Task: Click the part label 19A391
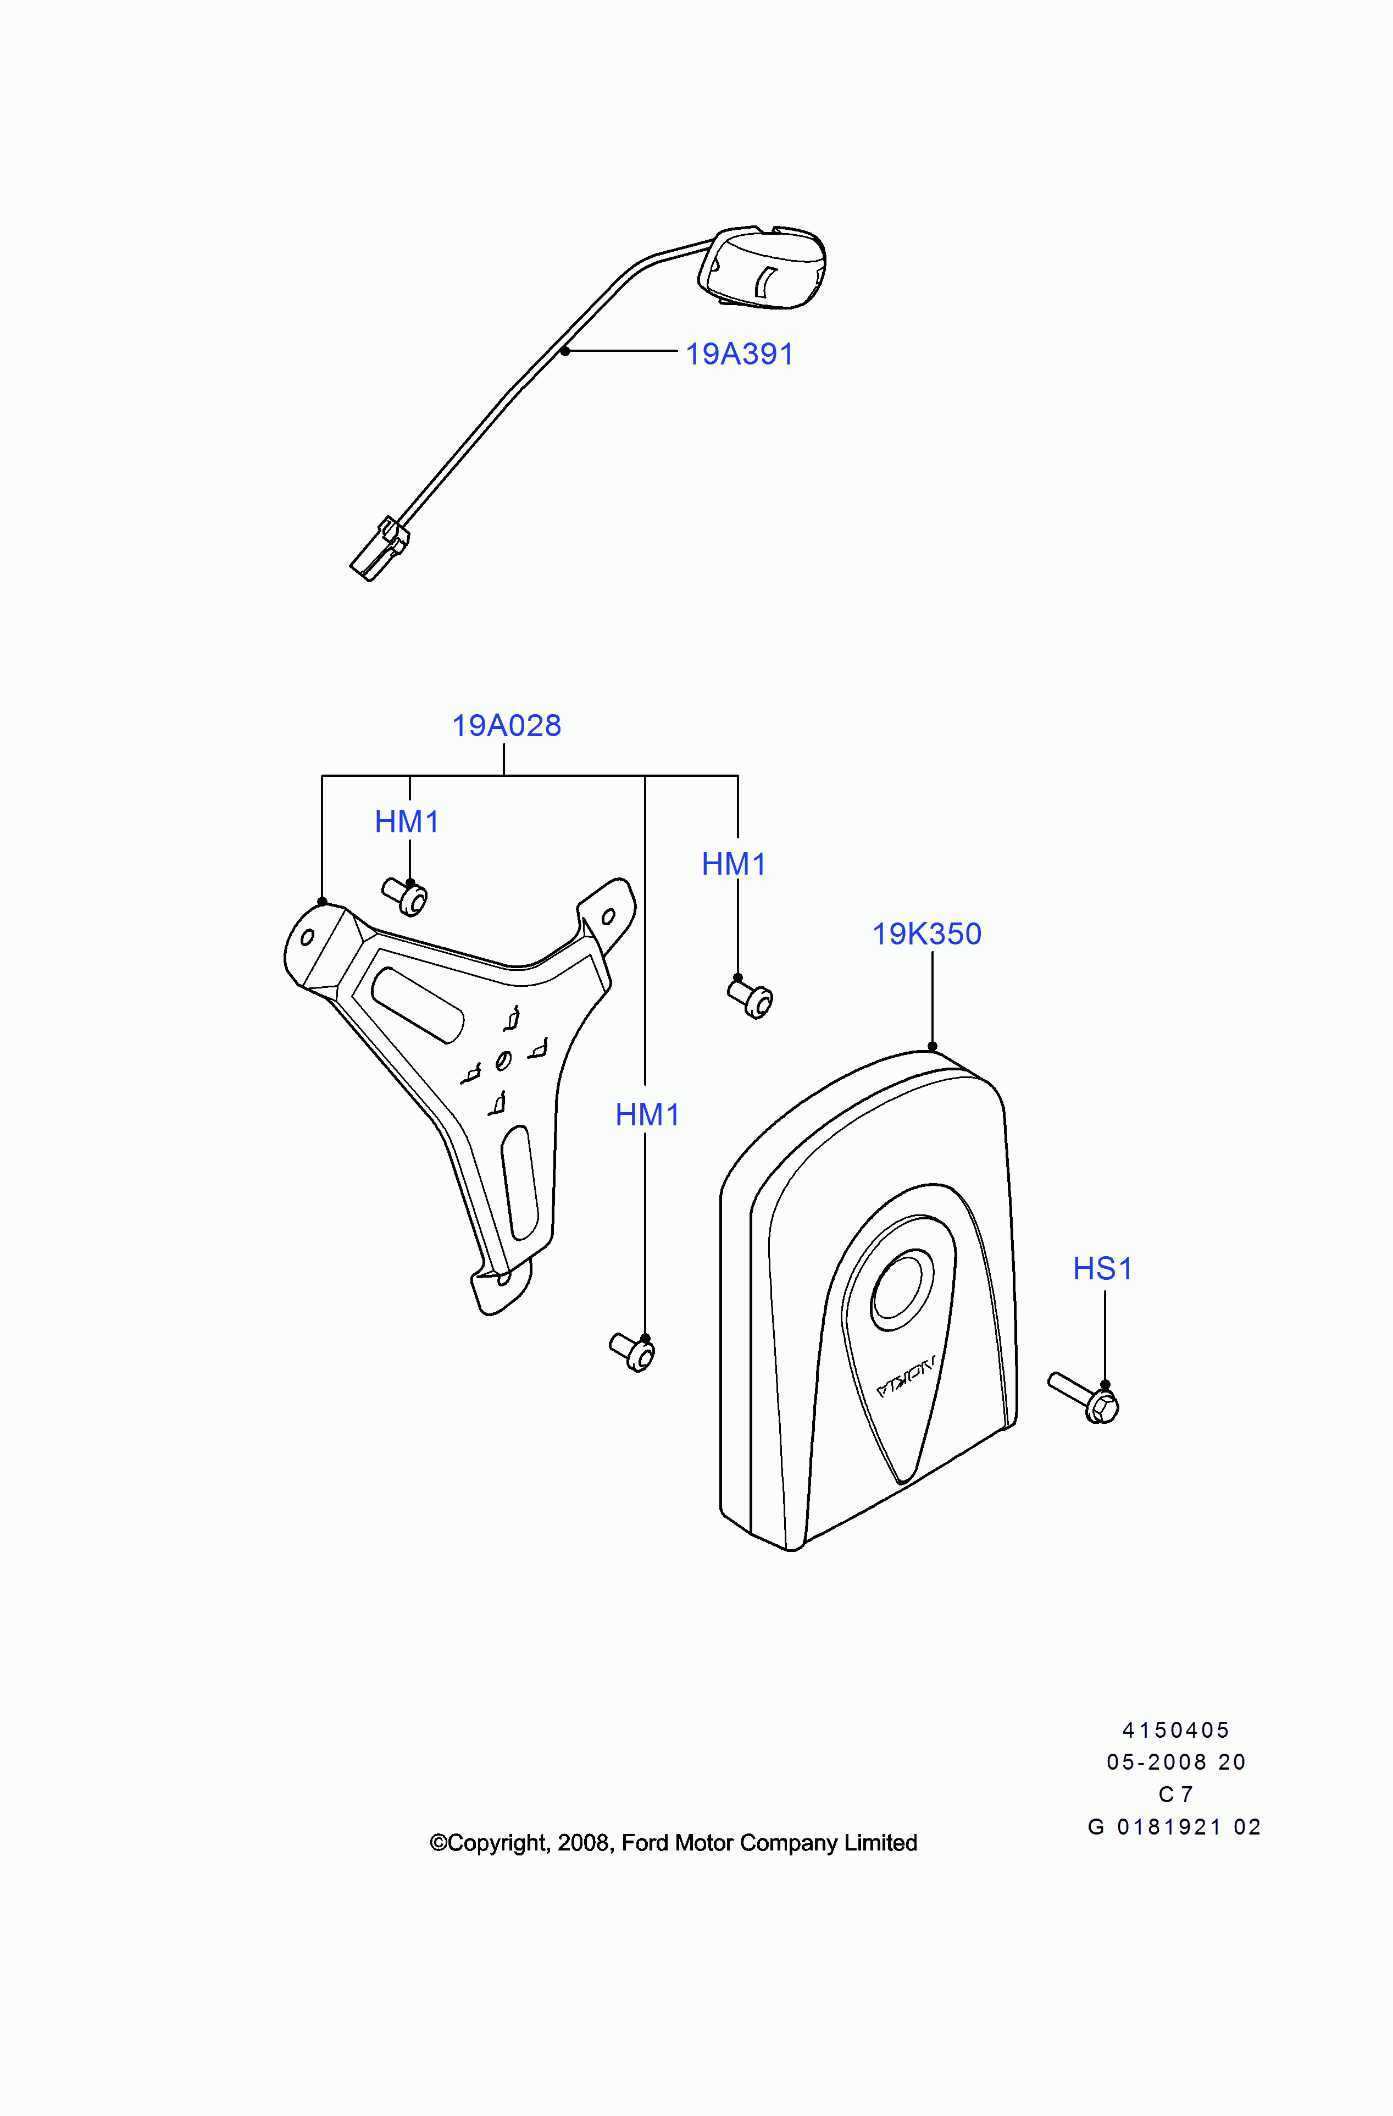(739, 354)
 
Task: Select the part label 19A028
(506, 726)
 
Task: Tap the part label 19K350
(926, 933)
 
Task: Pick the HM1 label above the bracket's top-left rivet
(406, 821)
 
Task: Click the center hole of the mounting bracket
(503, 1060)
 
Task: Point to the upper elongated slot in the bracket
(417, 1004)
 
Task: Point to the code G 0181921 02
(1174, 1827)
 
